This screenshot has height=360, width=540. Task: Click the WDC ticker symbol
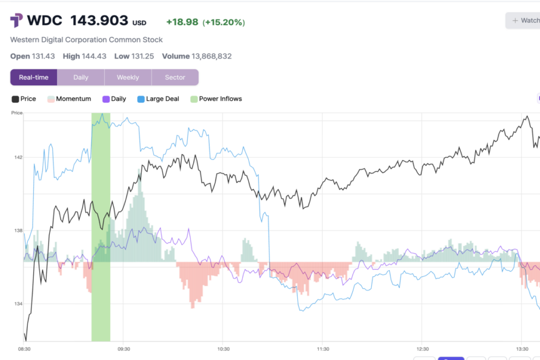[x=44, y=21]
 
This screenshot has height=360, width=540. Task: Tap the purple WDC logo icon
[x=16, y=21]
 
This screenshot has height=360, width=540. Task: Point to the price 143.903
[x=99, y=21]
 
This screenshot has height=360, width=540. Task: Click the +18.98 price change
[x=182, y=22]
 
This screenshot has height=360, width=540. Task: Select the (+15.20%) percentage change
[x=224, y=22]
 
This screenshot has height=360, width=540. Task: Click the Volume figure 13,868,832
[x=211, y=56]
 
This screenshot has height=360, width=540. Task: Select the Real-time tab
[x=34, y=77]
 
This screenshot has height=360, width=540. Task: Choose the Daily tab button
[x=81, y=77]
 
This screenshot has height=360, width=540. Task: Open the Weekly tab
[x=128, y=77]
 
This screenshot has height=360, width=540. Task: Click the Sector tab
[x=175, y=77]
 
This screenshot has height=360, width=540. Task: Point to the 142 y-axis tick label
[x=18, y=157]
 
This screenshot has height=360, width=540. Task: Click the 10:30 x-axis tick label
[x=223, y=349]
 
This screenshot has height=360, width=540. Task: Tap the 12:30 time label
[x=422, y=349]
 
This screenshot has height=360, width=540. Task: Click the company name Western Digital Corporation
[x=86, y=40]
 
